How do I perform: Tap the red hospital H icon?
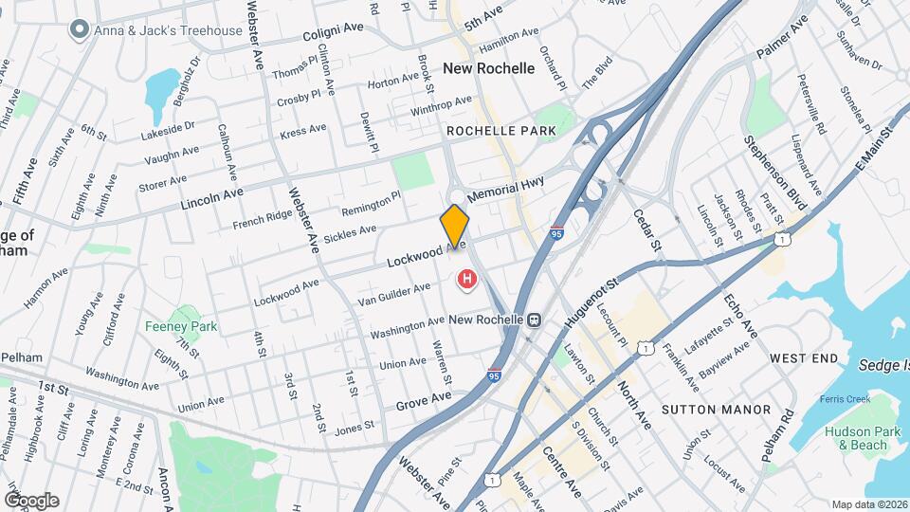pos(467,279)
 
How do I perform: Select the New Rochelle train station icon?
pos(536,320)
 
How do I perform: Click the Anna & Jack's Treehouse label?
pos(157,30)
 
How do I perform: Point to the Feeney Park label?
pos(181,326)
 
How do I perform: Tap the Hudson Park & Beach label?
pos(855,437)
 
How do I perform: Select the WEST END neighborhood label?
pos(804,358)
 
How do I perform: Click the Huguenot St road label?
pos(586,298)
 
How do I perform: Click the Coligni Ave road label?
pos(334,33)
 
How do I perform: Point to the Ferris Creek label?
pos(846,400)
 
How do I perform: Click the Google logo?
pos(31,500)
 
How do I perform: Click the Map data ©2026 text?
pos(868,504)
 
